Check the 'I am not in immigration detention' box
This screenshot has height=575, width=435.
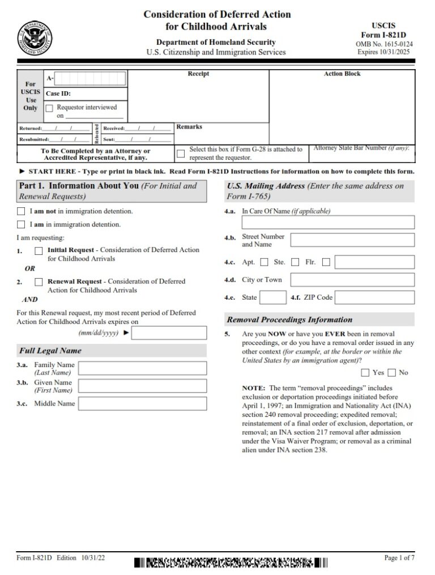point(21,211)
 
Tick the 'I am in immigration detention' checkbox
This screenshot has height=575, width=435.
point(21,224)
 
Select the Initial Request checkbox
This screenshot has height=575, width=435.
point(39,250)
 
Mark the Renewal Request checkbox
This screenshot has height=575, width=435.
point(39,282)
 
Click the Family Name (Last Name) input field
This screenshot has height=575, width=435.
point(142,369)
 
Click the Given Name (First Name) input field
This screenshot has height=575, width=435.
point(142,386)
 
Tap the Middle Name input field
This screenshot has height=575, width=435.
point(142,404)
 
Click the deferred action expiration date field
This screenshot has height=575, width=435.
point(168,333)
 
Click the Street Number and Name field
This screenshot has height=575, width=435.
point(352,240)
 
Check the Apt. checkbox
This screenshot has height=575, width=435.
point(264,262)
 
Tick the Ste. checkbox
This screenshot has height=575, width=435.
point(295,262)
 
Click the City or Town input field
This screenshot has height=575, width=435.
point(352,280)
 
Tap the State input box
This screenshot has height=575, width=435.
point(273,297)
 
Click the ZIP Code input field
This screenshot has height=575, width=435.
point(375,297)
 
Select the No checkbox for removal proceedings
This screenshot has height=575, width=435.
point(392,372)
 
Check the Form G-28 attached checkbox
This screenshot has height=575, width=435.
point(181,154)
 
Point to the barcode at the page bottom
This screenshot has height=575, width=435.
point(231,563)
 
